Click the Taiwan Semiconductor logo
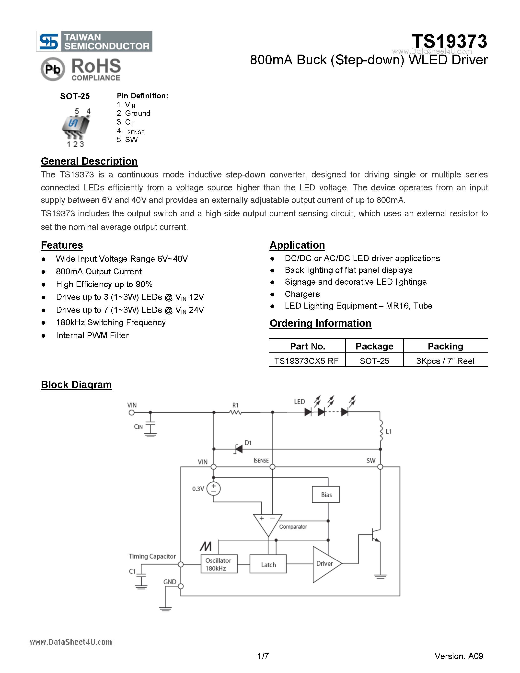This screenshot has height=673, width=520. coord(94,41)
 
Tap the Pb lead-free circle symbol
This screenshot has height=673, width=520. coord(53,69)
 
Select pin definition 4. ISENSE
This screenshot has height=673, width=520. coord(131,131)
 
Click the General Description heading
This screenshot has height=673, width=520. coord(89,161)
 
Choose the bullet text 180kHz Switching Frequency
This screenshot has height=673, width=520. coord(111,322)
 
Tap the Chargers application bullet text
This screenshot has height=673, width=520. coord(302,294)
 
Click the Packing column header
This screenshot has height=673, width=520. coord(445,346)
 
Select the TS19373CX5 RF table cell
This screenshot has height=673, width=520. coord(307,360)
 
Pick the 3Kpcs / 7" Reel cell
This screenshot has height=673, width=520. coord(445,360)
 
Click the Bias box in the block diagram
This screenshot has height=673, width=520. coord(326,495)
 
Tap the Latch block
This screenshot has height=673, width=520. coord(268,565)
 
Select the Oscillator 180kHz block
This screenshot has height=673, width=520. coord(219,564)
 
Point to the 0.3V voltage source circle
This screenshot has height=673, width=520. coord(213,489)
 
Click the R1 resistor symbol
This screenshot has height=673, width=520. coord(236,412)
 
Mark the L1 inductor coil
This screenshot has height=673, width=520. coord(381,431)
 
